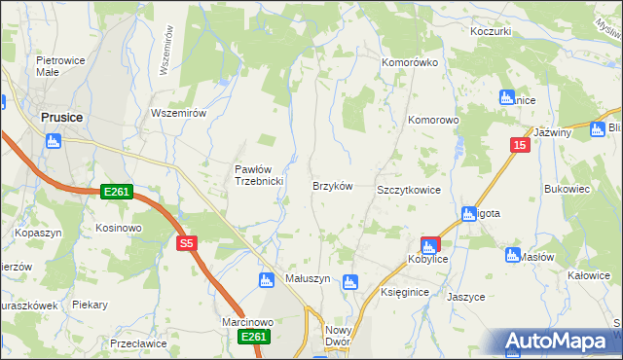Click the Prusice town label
[60, 117]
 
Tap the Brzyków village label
[331, 185]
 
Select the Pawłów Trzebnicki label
[258, 175]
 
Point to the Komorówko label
[409, 62]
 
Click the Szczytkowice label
[409, 191]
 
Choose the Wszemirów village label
[179, 113]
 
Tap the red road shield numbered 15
[521, 145]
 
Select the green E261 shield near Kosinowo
[117, 193]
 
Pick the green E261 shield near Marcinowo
[253, 336]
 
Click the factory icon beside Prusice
[53, 140]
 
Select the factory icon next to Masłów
[513, 255]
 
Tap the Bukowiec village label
[568, 189]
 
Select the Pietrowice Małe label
[56, 64]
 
